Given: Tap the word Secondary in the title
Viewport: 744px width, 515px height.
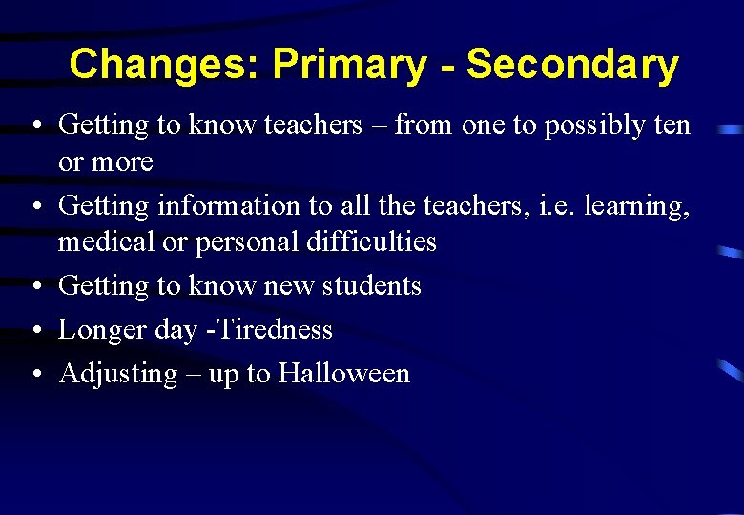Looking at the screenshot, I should pyautogui.click(x=572, y=65).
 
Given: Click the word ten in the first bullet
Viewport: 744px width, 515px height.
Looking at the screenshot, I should pyautogui.click(x=672, y=125).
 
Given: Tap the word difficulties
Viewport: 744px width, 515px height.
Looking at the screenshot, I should pyautogui.click(x=372, y=242).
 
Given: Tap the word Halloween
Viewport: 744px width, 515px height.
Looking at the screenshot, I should pyautogui.click(x=343, y=373).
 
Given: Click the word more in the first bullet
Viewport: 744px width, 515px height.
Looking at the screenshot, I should pyautogui.click(x=122, y=162).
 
